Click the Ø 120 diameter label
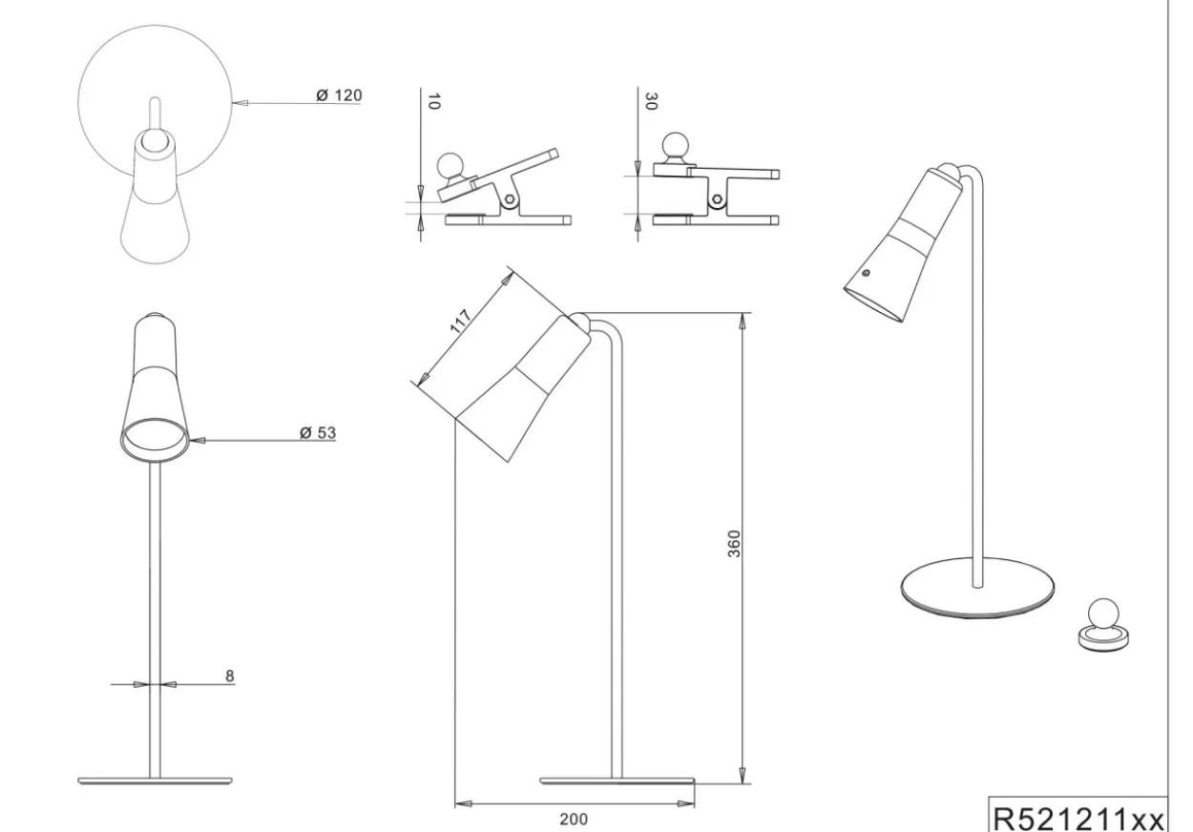tap(339, 95)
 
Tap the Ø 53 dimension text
tap(318, 433)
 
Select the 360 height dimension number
tap(734, 544)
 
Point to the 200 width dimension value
tap(574, 820)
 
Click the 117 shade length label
tap(460, 321)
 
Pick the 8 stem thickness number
tap(230, 676)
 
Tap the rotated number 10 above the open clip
tap(434, 101)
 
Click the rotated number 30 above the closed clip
tap(651, 101)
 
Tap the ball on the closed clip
tap(675, 146)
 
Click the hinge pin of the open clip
tap(510, 199)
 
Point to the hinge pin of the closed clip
tap(717, 199)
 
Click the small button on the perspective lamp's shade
tap(866, 273)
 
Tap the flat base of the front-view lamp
tap(155, 780)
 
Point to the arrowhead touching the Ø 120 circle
tap(240, 103)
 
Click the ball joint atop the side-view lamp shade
tap(579, 321)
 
